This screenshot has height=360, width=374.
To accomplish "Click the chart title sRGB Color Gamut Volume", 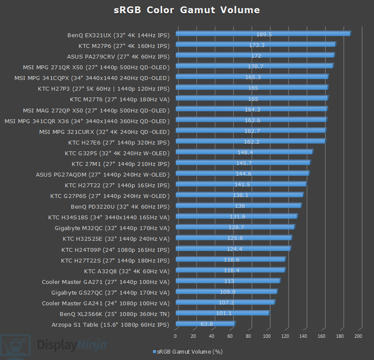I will click(187, 10).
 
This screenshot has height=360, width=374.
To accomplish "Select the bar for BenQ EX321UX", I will click(262, 34).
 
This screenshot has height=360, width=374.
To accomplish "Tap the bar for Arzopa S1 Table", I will click(205, 324).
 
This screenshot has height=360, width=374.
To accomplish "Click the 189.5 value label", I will click(264, 34).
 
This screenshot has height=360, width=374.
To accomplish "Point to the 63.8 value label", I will click(206, 324).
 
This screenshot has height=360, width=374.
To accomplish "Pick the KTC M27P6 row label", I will click(124, 45).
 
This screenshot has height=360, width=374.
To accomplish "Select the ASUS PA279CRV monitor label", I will click(118, 56).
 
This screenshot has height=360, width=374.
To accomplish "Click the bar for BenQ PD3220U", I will click(238, 206).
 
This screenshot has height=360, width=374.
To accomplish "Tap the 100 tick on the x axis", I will click(267, 336).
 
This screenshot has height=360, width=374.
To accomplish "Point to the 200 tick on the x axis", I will click(359, 336).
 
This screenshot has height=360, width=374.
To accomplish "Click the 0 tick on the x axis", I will click(175, 336).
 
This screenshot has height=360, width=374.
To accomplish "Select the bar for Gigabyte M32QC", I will click(235, 227).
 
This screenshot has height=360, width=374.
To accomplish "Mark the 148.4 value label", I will click(245, 152).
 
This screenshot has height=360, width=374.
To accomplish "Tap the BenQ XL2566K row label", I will click(115, 314).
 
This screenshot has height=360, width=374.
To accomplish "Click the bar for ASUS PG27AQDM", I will click(242, 174).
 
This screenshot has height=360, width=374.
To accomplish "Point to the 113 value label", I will click(229, 281).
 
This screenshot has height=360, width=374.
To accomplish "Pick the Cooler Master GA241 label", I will click(106, 303).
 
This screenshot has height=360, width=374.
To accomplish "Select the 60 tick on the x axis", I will click(230, 336).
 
